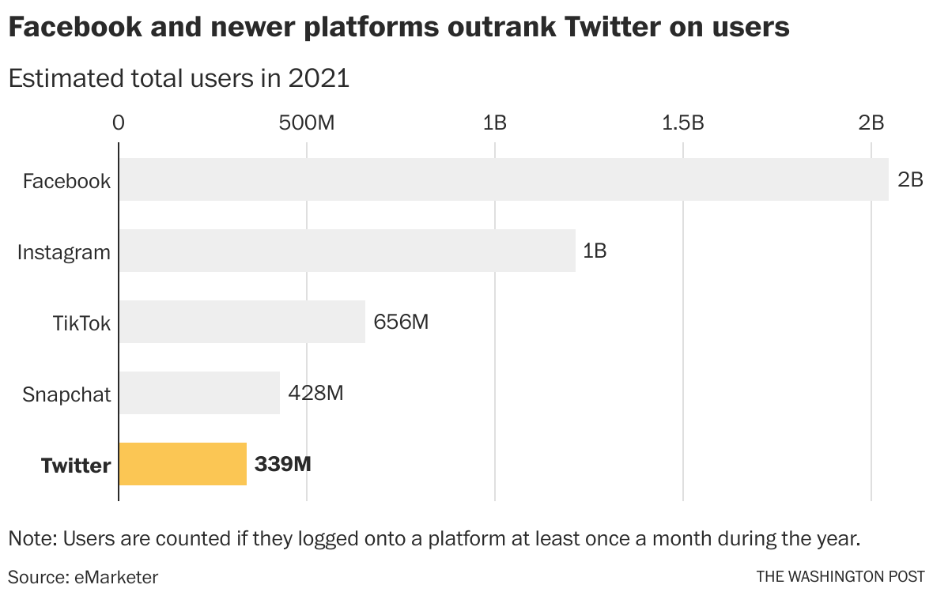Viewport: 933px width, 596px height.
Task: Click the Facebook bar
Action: click(504, 179)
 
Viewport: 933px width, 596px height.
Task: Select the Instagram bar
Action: click(347, 251)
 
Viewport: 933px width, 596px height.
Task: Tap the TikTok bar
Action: click(242, 322)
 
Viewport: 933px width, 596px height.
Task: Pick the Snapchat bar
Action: click(199, 393)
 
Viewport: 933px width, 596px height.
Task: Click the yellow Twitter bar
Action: click(183, 464)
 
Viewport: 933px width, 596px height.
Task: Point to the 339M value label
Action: click(282, 464)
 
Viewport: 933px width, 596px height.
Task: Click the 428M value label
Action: click(315, 393)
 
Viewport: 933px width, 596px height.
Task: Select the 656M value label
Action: click(401, 322)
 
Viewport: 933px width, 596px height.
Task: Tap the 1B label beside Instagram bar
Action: click(595, 251)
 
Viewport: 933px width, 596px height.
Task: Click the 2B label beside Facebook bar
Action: click(910, 180)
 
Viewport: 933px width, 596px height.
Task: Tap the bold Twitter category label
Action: click(76, 466)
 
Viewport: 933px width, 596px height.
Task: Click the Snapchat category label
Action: click(66, 394)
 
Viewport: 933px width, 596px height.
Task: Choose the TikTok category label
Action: click(81, 323)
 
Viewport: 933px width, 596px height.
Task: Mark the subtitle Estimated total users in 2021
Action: click(179, 78)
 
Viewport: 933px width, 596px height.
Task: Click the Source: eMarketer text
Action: click(83, 577)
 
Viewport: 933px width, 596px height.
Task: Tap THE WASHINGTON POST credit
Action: click(840, 577)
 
